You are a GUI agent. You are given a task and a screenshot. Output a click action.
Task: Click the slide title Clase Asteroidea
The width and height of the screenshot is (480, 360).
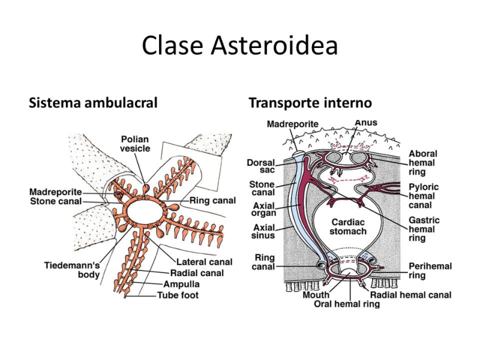point(240,46)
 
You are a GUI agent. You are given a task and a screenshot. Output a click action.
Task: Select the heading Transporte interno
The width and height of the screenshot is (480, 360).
point(310,103)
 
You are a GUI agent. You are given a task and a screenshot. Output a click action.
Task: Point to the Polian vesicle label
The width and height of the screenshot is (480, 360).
point(135,143)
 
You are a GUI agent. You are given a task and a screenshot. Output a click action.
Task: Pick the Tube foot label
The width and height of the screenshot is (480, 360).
point(178,295)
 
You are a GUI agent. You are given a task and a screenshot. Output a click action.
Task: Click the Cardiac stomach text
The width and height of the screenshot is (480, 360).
point(349,226)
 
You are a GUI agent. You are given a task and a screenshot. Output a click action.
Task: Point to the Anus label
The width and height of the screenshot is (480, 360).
point(366,122)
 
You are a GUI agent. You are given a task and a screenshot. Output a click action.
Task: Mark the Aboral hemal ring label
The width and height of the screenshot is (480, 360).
point(423,163)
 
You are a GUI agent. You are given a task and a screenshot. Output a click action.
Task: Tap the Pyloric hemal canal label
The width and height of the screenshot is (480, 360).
point(424,196)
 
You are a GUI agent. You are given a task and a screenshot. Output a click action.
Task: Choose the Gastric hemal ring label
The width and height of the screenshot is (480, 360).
point(424,229)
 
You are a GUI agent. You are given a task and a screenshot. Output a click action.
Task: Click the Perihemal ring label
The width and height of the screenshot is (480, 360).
point(430,271)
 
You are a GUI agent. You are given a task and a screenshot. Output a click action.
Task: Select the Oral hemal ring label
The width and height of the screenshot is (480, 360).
point(347,304)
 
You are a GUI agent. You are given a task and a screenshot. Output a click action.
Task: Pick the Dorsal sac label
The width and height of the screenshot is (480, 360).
point(261,166)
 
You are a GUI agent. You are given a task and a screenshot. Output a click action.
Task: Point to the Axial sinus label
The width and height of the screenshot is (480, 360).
point(264,232)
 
